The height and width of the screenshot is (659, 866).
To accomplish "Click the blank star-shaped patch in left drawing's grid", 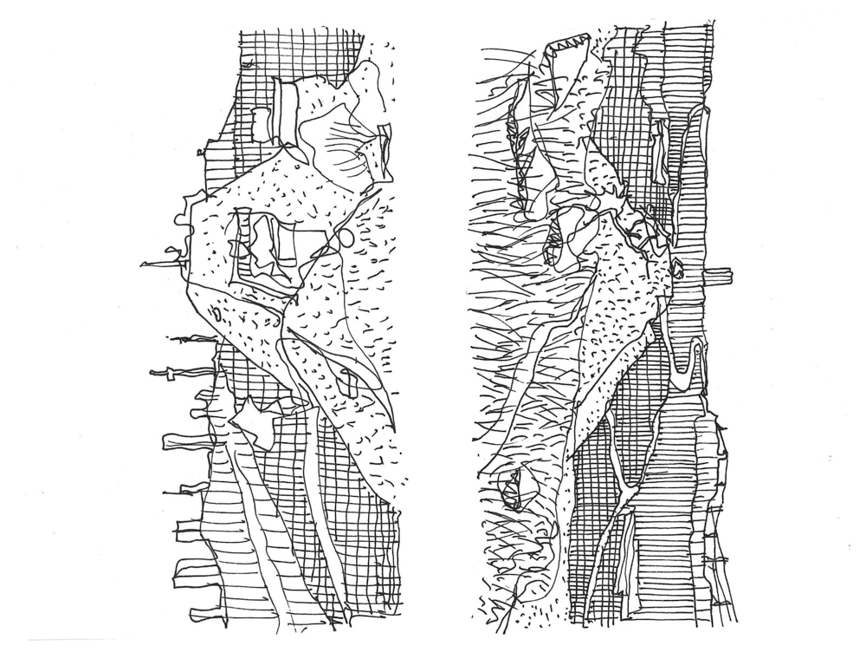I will (252, 420).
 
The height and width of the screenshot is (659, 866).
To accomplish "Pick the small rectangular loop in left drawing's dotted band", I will (348, 381).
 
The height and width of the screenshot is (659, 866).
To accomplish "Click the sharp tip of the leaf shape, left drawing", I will (391, 425).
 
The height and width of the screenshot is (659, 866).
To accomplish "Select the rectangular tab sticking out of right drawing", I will (720, 276).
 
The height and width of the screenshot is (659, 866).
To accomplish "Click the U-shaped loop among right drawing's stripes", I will (685, 364).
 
